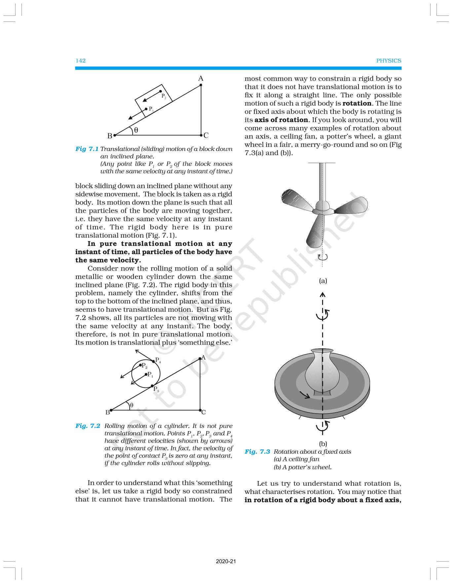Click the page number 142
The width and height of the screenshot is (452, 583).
pyautogui.click(x=81, y=61)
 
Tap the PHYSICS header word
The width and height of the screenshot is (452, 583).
pyautogui.click(x=389, y=61)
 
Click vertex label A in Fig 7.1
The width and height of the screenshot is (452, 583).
pyautogui.click(x=201, y=79)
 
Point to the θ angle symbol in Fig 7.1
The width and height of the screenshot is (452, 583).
pyautogui.click(x=136, y=130)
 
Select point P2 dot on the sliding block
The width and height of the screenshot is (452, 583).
pyautogui.click(x=161, y=91)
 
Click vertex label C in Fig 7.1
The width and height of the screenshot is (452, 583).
pyautogui.click(x=206, y=135)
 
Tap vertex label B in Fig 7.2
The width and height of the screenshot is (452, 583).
pyautogui.click(x=107, y=412)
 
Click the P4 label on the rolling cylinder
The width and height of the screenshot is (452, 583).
pyautogui.click(x=158, y=360)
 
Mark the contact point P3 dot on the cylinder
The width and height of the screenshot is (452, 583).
pyautogui.click(x=152, y=386)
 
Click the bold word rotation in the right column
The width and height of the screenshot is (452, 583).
pyautogui.click(x=357, y=103)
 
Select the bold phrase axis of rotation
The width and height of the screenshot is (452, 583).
pyautogui.click(x=281, y=120)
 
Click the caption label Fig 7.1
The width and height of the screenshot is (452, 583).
pyautogui.click(x=87, y=149)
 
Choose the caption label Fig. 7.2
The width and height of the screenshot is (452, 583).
pyautogui.click(x=88, y=426)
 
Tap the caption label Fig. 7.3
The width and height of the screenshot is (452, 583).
pyautogui.click(x=257, y=452)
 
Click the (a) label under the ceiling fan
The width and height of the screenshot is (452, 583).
pyautogui.click(x=323, y=281)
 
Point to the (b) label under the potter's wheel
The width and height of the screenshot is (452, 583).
pyautogui.click(x=323, y=444)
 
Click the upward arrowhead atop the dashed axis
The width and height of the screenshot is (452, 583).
pyautogui.click(x=323, y=294)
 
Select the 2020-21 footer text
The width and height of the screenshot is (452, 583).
pyautogui.click(x=226, y=562)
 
